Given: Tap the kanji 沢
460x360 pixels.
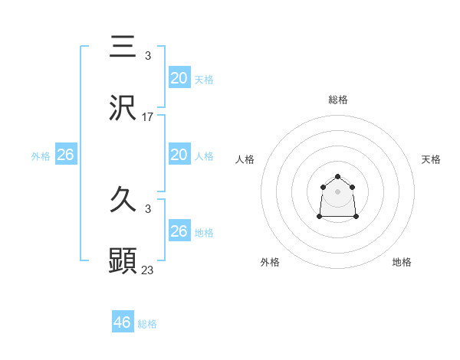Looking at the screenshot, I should tap(123, 108).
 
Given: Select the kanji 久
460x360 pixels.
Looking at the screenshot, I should tap(123, 201).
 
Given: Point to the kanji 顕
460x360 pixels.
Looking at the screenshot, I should tap(123, 260).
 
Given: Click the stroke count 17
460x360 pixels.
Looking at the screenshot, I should tap(148, 117).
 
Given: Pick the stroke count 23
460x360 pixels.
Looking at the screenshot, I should tap(148, 270).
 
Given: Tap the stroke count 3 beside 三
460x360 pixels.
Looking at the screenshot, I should tap(148, 56).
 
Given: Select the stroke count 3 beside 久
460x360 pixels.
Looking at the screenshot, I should tap(148, 210).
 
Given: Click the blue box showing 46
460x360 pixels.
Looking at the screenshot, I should tap(123, 322).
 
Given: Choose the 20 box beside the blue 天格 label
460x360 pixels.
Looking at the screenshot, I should tap(179, 77).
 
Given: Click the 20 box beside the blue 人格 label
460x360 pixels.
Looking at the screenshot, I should tap(179, 155).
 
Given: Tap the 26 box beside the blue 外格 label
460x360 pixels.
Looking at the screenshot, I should tap(65, 155).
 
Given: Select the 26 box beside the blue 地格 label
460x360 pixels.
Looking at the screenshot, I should tap(179, 231).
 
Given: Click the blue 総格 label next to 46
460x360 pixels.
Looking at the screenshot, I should tap(147, 324).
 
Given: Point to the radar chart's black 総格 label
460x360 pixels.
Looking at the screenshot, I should tap(337, 100).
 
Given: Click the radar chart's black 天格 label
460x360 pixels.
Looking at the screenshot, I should tap(431, 159).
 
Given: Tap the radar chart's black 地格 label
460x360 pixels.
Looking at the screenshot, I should tap(402, 262).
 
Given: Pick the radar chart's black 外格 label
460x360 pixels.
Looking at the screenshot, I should tap(270, 262).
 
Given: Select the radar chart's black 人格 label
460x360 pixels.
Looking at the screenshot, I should tap(245, 159).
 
